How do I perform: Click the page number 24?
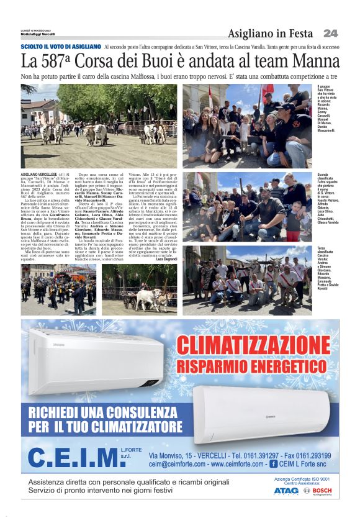330,33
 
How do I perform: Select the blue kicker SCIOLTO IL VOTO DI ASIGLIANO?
60,47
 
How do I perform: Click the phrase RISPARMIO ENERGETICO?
253,366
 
